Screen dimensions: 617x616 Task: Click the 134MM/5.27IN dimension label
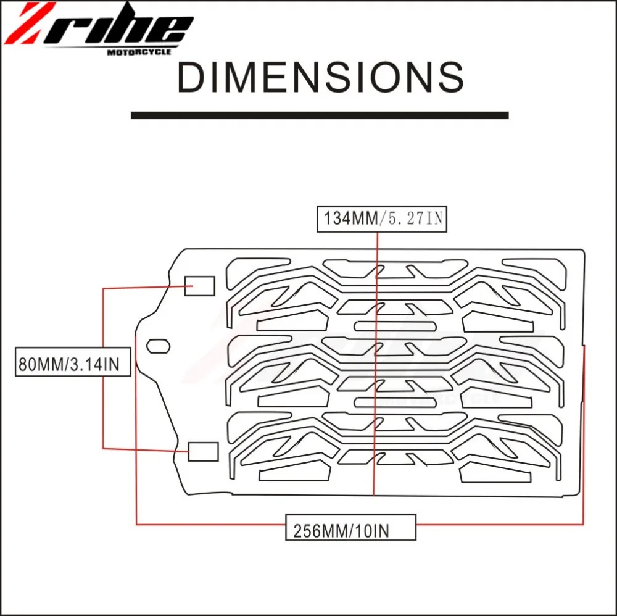point(382,219)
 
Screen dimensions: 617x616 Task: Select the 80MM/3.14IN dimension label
point(72,361)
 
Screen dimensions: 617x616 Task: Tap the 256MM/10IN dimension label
point(350,527)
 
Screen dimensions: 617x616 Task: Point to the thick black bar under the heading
point(320,115)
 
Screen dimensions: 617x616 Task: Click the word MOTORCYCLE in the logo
point(139,52)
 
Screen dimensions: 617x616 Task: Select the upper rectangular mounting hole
point(199,286)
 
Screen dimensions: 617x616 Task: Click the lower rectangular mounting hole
point(203,451)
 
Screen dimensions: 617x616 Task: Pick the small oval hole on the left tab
point(158,346)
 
